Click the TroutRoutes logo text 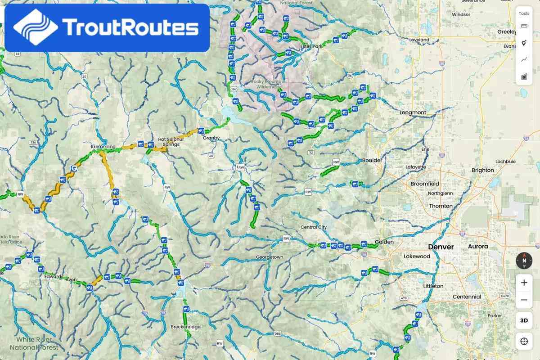tap(130, 27)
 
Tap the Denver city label tap(441, 247)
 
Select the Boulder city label tap(372, 160)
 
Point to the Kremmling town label tap(103, 147)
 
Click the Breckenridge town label tap(185, 327)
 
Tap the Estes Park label tap(312, 46)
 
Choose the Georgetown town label tap(270, 257)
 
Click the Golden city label tap(384, 242)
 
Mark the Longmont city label tap(413, 112)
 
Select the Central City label tap(314, 227)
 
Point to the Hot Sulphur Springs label tap(171, 142)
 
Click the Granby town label tap(211, 138)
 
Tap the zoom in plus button tap(524, 283)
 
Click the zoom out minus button tap(524, 300)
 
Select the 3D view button tap(524, 320)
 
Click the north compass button tap(524, 261)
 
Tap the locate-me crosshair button tap(524, 341)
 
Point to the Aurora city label tap(478, 247)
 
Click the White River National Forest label tap(34, 343)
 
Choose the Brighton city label tap(483, 170)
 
